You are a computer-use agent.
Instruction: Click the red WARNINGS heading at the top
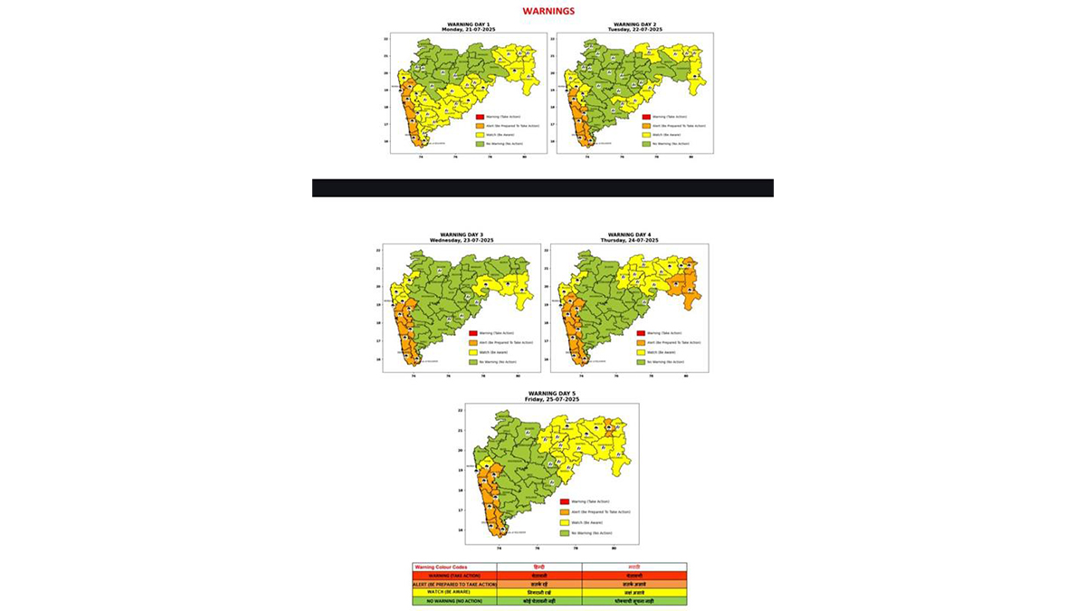pos(548,12)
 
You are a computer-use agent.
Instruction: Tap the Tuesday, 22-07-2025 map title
pos(637,30)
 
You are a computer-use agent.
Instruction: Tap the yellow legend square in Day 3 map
pos(472,351)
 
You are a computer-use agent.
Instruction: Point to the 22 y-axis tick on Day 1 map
pos(386,40)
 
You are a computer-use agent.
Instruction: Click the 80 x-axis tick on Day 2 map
pos(691,158)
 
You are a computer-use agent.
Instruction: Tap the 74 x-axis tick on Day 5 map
pos(499,549)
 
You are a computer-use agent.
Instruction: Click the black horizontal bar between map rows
pos(542,187)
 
